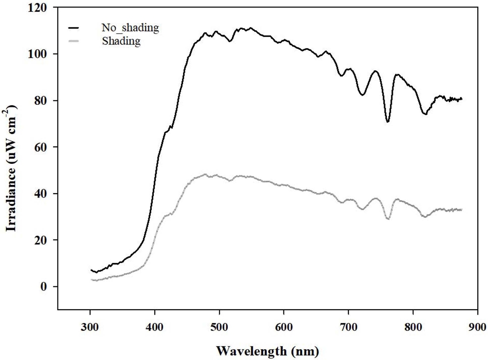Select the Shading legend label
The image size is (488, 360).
click(x=122, y=41)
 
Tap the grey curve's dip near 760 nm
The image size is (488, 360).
click(x=387, y=219)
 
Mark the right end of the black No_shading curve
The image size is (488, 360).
click(x=462, y=99)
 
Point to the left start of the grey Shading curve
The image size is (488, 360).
click(x=91, y=280)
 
